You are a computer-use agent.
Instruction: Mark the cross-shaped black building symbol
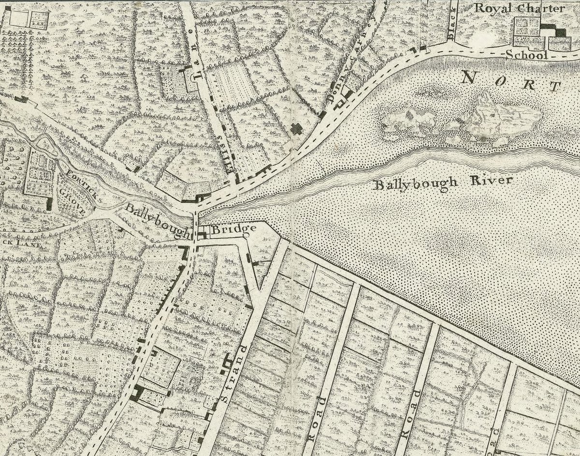295,129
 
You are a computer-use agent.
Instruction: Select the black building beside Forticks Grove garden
49,203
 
